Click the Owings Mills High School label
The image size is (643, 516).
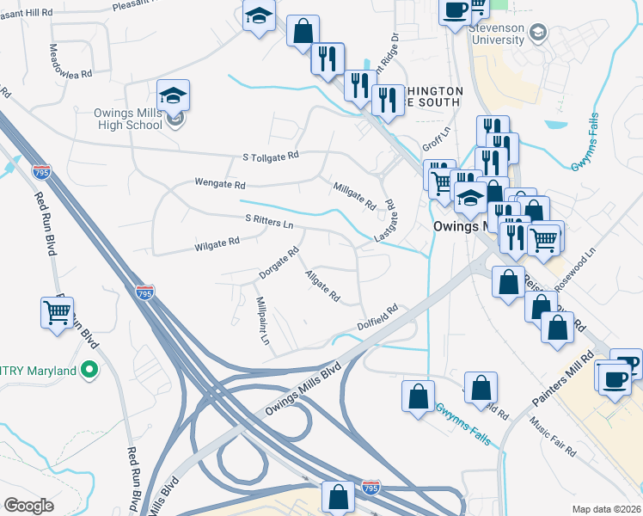point(128,119)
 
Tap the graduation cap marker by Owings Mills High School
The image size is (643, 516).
point(174,95)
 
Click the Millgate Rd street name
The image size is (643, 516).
point(354,195)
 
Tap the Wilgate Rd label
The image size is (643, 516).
point(217,245)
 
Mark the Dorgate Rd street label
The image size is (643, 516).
point(279,263)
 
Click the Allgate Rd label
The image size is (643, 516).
point(322,286)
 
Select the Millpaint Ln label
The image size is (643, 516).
point(264,322)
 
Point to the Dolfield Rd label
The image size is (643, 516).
point(379,317)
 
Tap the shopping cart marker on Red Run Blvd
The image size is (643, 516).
point(58,313)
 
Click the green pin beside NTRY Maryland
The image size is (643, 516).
point(89,371)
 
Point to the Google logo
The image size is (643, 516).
point(28,505)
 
